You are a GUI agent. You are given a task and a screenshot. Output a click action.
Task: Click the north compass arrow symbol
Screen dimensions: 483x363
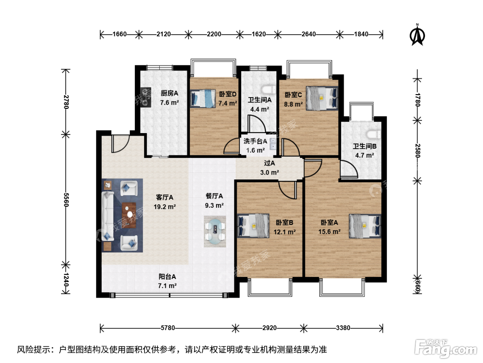[x=417, y=35]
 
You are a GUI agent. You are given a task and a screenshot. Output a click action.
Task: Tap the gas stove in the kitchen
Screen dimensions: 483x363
[x=146, y=97]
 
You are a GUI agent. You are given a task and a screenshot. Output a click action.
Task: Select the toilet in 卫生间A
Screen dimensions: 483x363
[x=268, y=90]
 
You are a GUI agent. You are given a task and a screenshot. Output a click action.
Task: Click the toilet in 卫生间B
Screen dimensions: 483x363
[x=373, y=134]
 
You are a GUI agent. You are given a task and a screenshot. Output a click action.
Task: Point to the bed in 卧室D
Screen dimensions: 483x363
[x=203, y=98]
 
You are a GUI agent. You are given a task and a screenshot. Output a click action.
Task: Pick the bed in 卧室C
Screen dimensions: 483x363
[x=322, y=98]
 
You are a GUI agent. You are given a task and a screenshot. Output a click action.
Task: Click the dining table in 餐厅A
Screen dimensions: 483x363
[x=215, y=231]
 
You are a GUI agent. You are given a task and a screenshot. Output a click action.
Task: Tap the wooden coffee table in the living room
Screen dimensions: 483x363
[x=129, y=215]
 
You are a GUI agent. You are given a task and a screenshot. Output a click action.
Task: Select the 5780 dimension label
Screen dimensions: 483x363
[x=168, y=328]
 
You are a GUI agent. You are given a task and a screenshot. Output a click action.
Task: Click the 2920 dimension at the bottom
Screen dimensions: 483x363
[x=269, y=328]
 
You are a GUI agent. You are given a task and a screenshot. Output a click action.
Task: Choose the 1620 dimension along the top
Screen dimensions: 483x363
[x=258, y=34]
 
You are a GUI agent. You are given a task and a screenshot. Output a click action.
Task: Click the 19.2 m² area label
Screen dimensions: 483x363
[x=165, y=207]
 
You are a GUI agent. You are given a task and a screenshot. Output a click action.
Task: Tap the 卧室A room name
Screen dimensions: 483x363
[x=329, y=222]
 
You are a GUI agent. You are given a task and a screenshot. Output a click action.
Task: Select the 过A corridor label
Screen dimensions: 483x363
[x=269, y=163]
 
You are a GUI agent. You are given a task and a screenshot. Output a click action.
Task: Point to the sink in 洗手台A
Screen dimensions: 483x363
[x=273, y=144]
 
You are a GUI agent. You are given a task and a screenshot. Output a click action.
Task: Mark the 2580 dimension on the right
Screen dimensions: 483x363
[x=418, y=151]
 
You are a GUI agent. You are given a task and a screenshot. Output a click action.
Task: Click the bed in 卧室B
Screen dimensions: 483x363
[x=253, y=226]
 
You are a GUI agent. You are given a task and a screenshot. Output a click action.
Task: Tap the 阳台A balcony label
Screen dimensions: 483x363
[x=167, y=277]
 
